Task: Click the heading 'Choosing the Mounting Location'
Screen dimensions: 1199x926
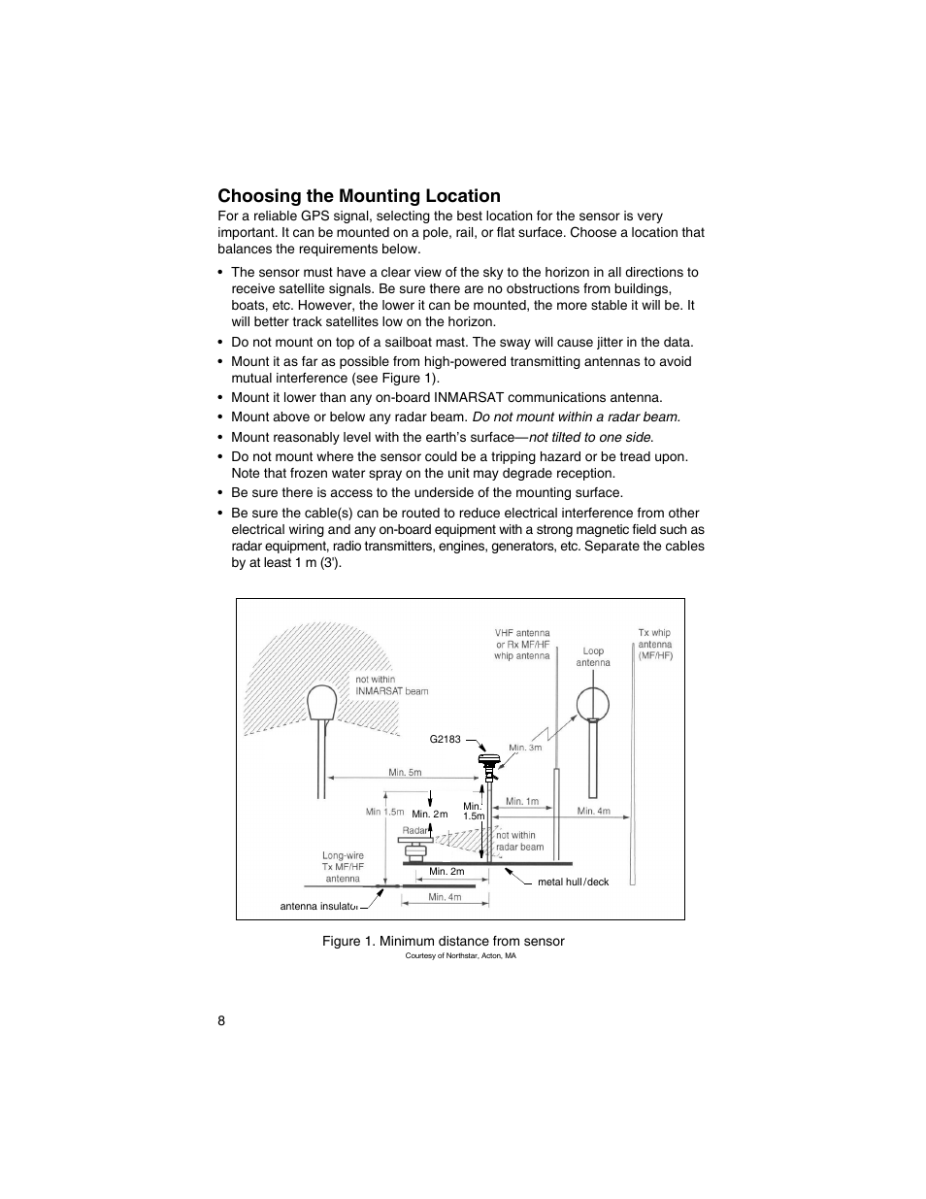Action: click(358, 196)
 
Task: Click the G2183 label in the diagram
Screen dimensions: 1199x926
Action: click(445, 740)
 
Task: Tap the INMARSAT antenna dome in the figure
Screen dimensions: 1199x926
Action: click(321, 702)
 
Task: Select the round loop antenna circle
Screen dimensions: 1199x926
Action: click(592, 704)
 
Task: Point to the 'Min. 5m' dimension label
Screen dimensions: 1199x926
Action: click(405, 773)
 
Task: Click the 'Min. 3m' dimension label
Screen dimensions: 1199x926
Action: click(525, 748)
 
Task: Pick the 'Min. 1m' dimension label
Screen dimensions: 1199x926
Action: click(522, 802)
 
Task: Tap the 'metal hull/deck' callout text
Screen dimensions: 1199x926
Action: click(573, 883)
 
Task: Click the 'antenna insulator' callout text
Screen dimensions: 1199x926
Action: click(319, 907)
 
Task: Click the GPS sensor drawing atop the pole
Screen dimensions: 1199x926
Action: click(490, 762)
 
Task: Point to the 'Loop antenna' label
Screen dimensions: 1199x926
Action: click(593, 657)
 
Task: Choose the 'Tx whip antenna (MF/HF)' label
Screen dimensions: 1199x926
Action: click(655, 645)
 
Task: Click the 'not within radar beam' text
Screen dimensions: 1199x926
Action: click(518, 841)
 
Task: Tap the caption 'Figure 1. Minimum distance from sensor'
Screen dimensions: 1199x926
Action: click(444, 941)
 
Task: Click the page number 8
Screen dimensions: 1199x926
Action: click(222, 1020)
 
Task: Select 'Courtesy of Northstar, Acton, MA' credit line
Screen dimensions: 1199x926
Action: click(460, 956)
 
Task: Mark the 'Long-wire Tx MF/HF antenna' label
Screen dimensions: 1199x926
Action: click(343, 867)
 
